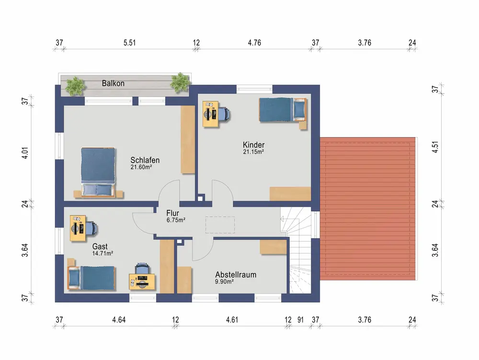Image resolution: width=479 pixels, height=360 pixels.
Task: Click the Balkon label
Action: [113, 83]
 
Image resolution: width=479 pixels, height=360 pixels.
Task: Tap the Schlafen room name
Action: [145, 160]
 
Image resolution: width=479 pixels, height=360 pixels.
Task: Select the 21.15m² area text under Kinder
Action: [253, 151]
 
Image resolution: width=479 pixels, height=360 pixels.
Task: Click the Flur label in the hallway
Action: [172, 213]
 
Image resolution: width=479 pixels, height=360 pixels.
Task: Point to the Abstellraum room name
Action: [236, 274]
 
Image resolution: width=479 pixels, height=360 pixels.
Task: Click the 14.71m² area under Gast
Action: [103, 254]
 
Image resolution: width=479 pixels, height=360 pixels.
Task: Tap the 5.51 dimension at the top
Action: [129, 43]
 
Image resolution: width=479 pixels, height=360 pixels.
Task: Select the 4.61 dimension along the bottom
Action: [232, 320]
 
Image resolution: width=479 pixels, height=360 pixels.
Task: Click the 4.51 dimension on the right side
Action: [435, 147]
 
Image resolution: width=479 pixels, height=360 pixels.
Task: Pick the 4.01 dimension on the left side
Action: [25, 153]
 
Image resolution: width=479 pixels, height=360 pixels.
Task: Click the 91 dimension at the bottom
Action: [301, 320]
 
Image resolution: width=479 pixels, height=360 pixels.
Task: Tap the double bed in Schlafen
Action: [98, 173]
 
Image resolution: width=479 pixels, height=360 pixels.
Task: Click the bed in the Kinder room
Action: [283, 111]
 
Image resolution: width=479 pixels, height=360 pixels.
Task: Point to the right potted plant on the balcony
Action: [181, 82]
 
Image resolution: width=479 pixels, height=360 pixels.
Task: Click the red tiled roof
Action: [368, 209]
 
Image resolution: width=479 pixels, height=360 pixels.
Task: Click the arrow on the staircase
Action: [282, 219]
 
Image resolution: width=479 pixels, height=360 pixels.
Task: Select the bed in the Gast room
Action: [91, 278]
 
